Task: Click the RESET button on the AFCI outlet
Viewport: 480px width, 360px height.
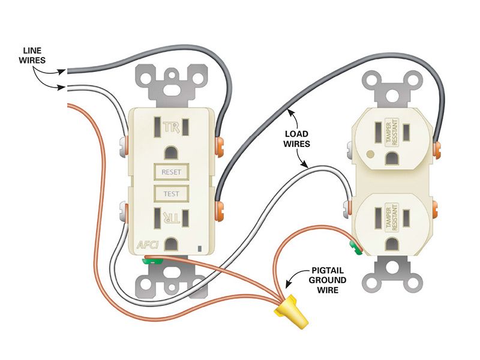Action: point(171,172)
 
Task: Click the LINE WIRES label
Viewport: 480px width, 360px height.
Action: point(32,55)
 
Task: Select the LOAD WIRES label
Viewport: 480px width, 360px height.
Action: point(296,139)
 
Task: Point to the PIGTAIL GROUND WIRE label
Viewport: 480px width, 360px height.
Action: point(327,280)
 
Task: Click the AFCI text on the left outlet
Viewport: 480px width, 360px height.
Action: point(148,245)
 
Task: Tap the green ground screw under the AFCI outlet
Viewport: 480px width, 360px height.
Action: point(152,261)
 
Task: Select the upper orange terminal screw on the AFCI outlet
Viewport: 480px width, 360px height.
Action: point(220,147)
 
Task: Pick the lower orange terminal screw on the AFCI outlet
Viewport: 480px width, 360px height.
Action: point(220,211)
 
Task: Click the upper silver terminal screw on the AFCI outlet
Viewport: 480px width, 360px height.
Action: point(122,146)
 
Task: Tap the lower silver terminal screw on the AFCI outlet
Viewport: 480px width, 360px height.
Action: point(123,211)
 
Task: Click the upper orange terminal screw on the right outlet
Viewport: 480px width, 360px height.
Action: point(437,150)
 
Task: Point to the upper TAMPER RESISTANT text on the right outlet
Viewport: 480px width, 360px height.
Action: point(392,132)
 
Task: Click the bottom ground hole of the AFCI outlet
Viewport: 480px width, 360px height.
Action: point(172,244)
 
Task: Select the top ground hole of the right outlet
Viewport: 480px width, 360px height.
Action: point(392,158)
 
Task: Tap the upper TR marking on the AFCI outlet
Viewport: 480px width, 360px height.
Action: point(171,127)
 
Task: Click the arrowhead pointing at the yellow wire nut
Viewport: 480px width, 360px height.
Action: point(288,283)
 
